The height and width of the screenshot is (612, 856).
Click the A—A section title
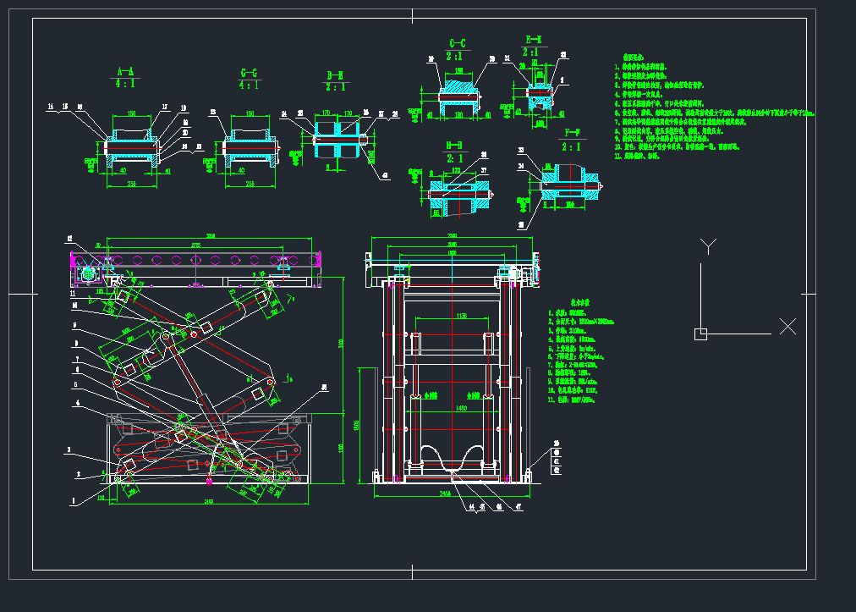pos(125,71)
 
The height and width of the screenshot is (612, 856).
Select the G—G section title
pos(249,72)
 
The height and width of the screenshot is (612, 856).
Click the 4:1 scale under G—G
pos(249,85)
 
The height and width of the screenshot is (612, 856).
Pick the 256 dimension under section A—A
pos(131,183)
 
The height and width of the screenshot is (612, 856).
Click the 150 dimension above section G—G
pos(250,113)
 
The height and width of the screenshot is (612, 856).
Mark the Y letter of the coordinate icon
pos(709,246)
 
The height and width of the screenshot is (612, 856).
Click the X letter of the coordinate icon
pos(787,326)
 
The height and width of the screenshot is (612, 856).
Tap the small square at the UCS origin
pos(700,334)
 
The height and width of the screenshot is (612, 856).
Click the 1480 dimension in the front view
pos(461,408)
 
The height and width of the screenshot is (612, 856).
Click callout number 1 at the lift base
pos(73,500)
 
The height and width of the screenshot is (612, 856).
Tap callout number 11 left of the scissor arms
pos(73,294)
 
